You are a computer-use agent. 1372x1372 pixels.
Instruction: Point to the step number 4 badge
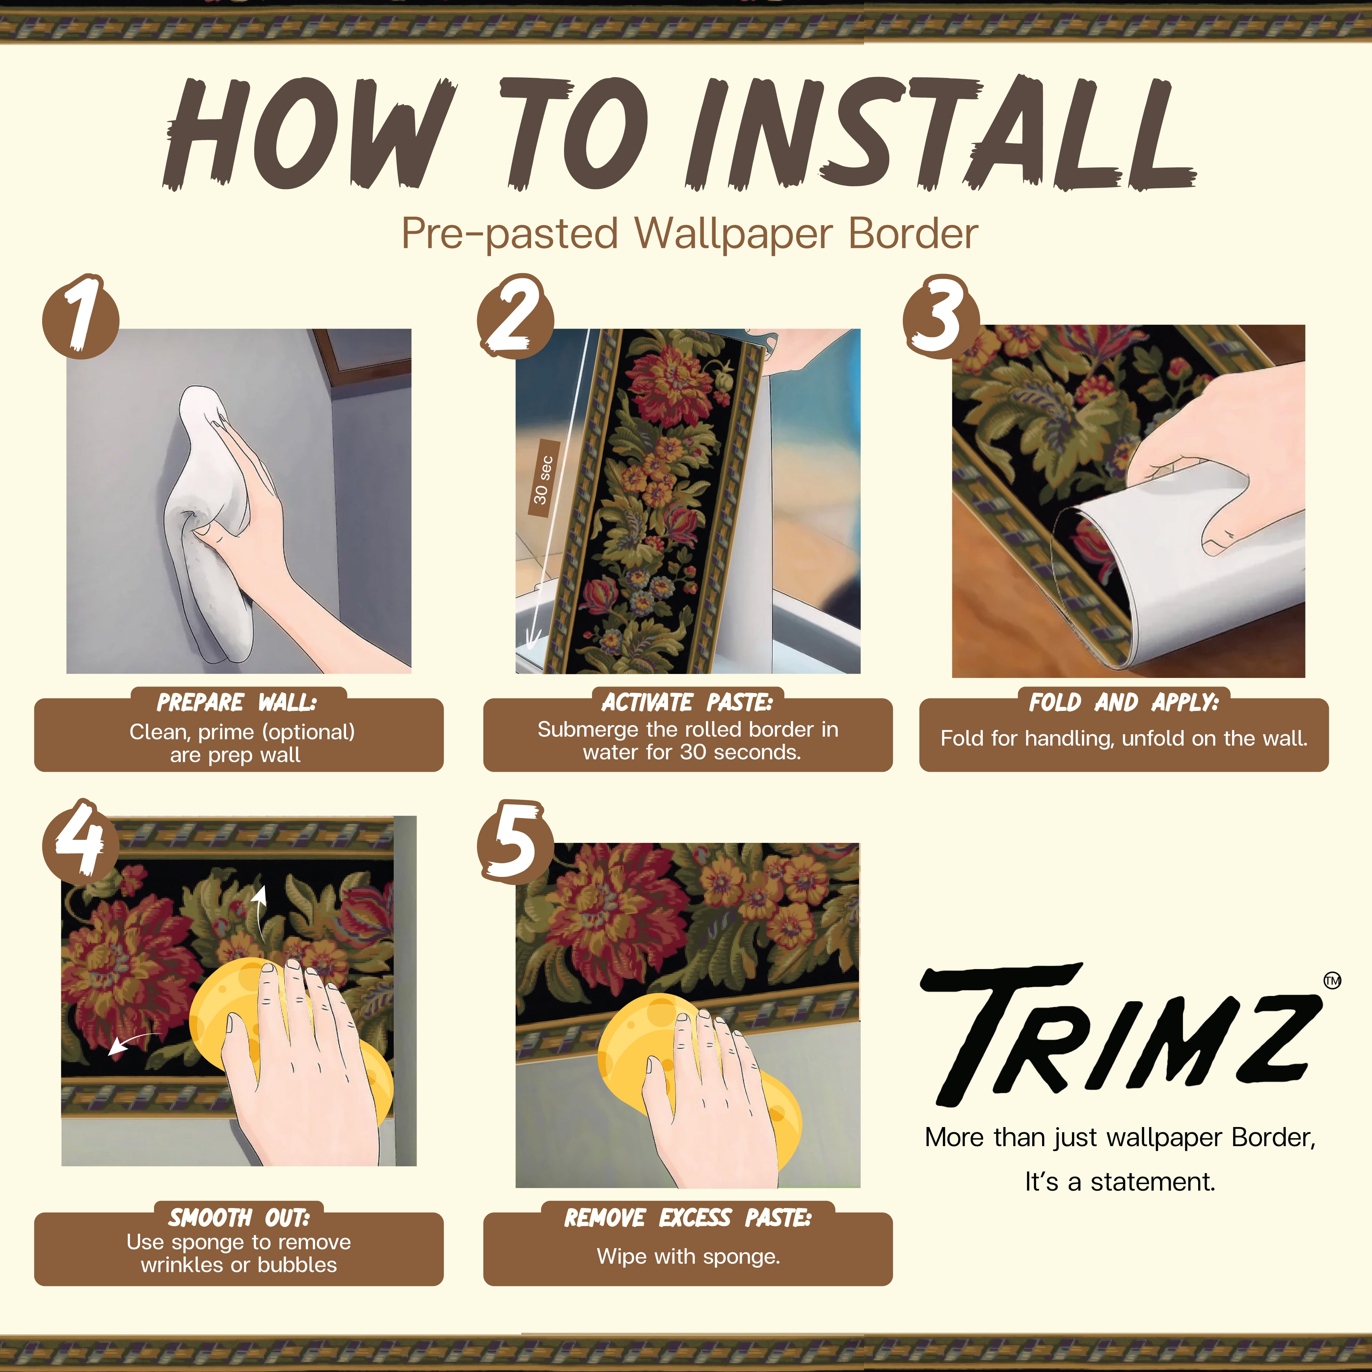(80, 841)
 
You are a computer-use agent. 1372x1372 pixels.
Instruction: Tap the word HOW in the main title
(309, 133)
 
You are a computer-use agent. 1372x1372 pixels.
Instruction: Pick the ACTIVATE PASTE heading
(687, 702)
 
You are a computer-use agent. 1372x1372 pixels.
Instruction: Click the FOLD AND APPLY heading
(1123, 702)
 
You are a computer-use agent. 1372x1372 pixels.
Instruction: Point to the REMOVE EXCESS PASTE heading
(687, 1218)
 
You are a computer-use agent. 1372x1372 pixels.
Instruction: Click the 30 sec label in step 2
(543, 480)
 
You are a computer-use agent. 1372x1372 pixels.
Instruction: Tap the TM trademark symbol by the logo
(1332, 981)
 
